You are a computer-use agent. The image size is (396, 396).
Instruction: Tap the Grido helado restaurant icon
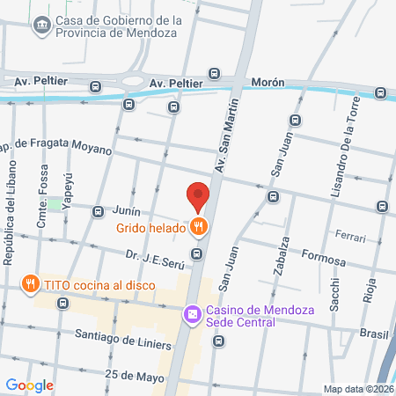tap(200, 227)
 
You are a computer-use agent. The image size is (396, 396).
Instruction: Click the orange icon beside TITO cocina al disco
tap(31, 283)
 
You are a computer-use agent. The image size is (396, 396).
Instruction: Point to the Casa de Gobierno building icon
tap(40, 26)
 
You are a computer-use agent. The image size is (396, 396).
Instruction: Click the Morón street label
tap(268, 82)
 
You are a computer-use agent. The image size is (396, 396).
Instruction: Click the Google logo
tap(29, 385)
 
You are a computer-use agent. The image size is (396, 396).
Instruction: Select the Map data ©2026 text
tap(357, 389)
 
